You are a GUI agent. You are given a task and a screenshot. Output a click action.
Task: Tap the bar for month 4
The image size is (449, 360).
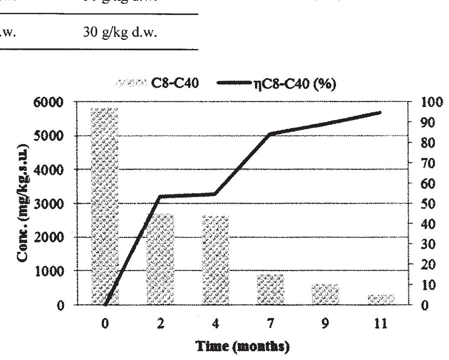tap(215, 260)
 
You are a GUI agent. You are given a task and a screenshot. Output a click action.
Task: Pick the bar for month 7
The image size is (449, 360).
tap(270, 289)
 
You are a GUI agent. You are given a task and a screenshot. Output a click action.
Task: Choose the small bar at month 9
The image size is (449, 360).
tap(325, 294)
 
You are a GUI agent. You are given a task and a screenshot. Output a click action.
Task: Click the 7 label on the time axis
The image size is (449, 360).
tap(270, 323)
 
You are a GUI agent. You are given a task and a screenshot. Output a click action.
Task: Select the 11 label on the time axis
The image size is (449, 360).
tap(381, 323)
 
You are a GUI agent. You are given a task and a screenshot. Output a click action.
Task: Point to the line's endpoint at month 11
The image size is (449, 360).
tap(380, 112)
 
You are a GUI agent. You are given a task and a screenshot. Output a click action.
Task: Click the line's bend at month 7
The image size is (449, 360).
tap(270, 134)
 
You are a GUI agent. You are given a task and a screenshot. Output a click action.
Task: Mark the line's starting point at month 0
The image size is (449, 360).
tap(105, 304)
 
